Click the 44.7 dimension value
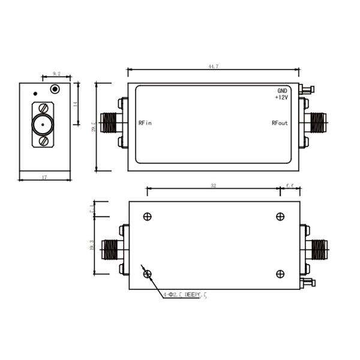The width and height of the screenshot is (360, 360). (213, 67)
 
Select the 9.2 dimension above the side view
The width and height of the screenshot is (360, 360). (56, 73)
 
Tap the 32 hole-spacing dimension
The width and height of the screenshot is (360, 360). (213, 186)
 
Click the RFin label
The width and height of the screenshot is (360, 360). (145, 124)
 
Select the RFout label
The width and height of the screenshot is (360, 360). (280, 124)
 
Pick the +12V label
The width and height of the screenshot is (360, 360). (281, 97)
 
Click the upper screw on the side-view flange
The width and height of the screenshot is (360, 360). (43, 109)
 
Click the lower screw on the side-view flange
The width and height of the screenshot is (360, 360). (43, 141)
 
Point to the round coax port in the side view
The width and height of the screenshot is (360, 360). (41, 125)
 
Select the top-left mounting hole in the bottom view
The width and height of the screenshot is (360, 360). (148, 217)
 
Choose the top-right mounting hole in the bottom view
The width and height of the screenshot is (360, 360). (280, 217)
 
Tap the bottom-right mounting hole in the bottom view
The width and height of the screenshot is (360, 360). (280, 274)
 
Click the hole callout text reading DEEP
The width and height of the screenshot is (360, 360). (193, 295)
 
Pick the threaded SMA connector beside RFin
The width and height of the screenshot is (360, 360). (109, 124)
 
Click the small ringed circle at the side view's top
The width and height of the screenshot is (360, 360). (56, 89)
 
